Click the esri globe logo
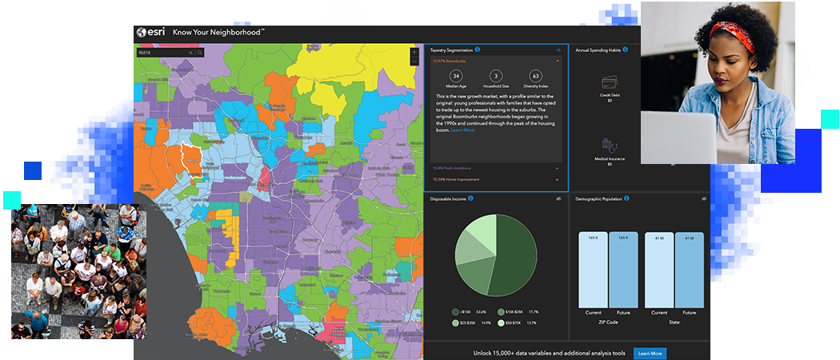pyautogui.click(x=141, y=32)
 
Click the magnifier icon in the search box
pyautogui.click(x=200, y=53)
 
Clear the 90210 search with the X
pyautogui.click(x=190, y=53)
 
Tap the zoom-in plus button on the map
pyautogui.click(x=414, y=53)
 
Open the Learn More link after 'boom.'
pyautogui.click(x=462, y=130)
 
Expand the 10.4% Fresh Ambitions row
pyautogui.click(x=496, y=168)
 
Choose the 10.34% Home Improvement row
pyautogui.click(x=496, y=180)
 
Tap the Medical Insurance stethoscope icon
pyautogui.click(x=610, y=145)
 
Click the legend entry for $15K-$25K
pyautogui.click(x=501, y=312)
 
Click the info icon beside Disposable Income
pyautogui.click(x=470, y=198)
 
